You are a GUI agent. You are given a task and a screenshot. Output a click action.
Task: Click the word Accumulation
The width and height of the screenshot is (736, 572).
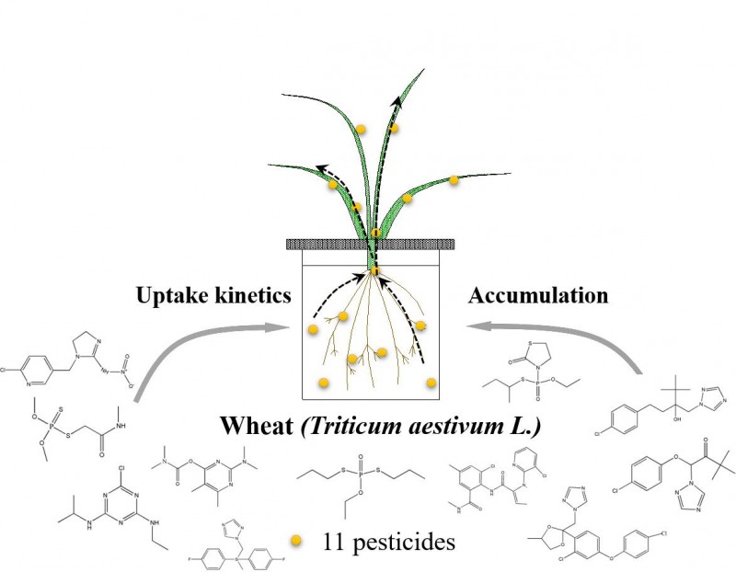click(538, 296)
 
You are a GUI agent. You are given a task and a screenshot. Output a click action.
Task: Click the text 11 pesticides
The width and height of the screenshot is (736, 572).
click(388, 542)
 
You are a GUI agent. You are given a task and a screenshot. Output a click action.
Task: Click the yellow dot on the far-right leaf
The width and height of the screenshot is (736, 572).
click(454, 180)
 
